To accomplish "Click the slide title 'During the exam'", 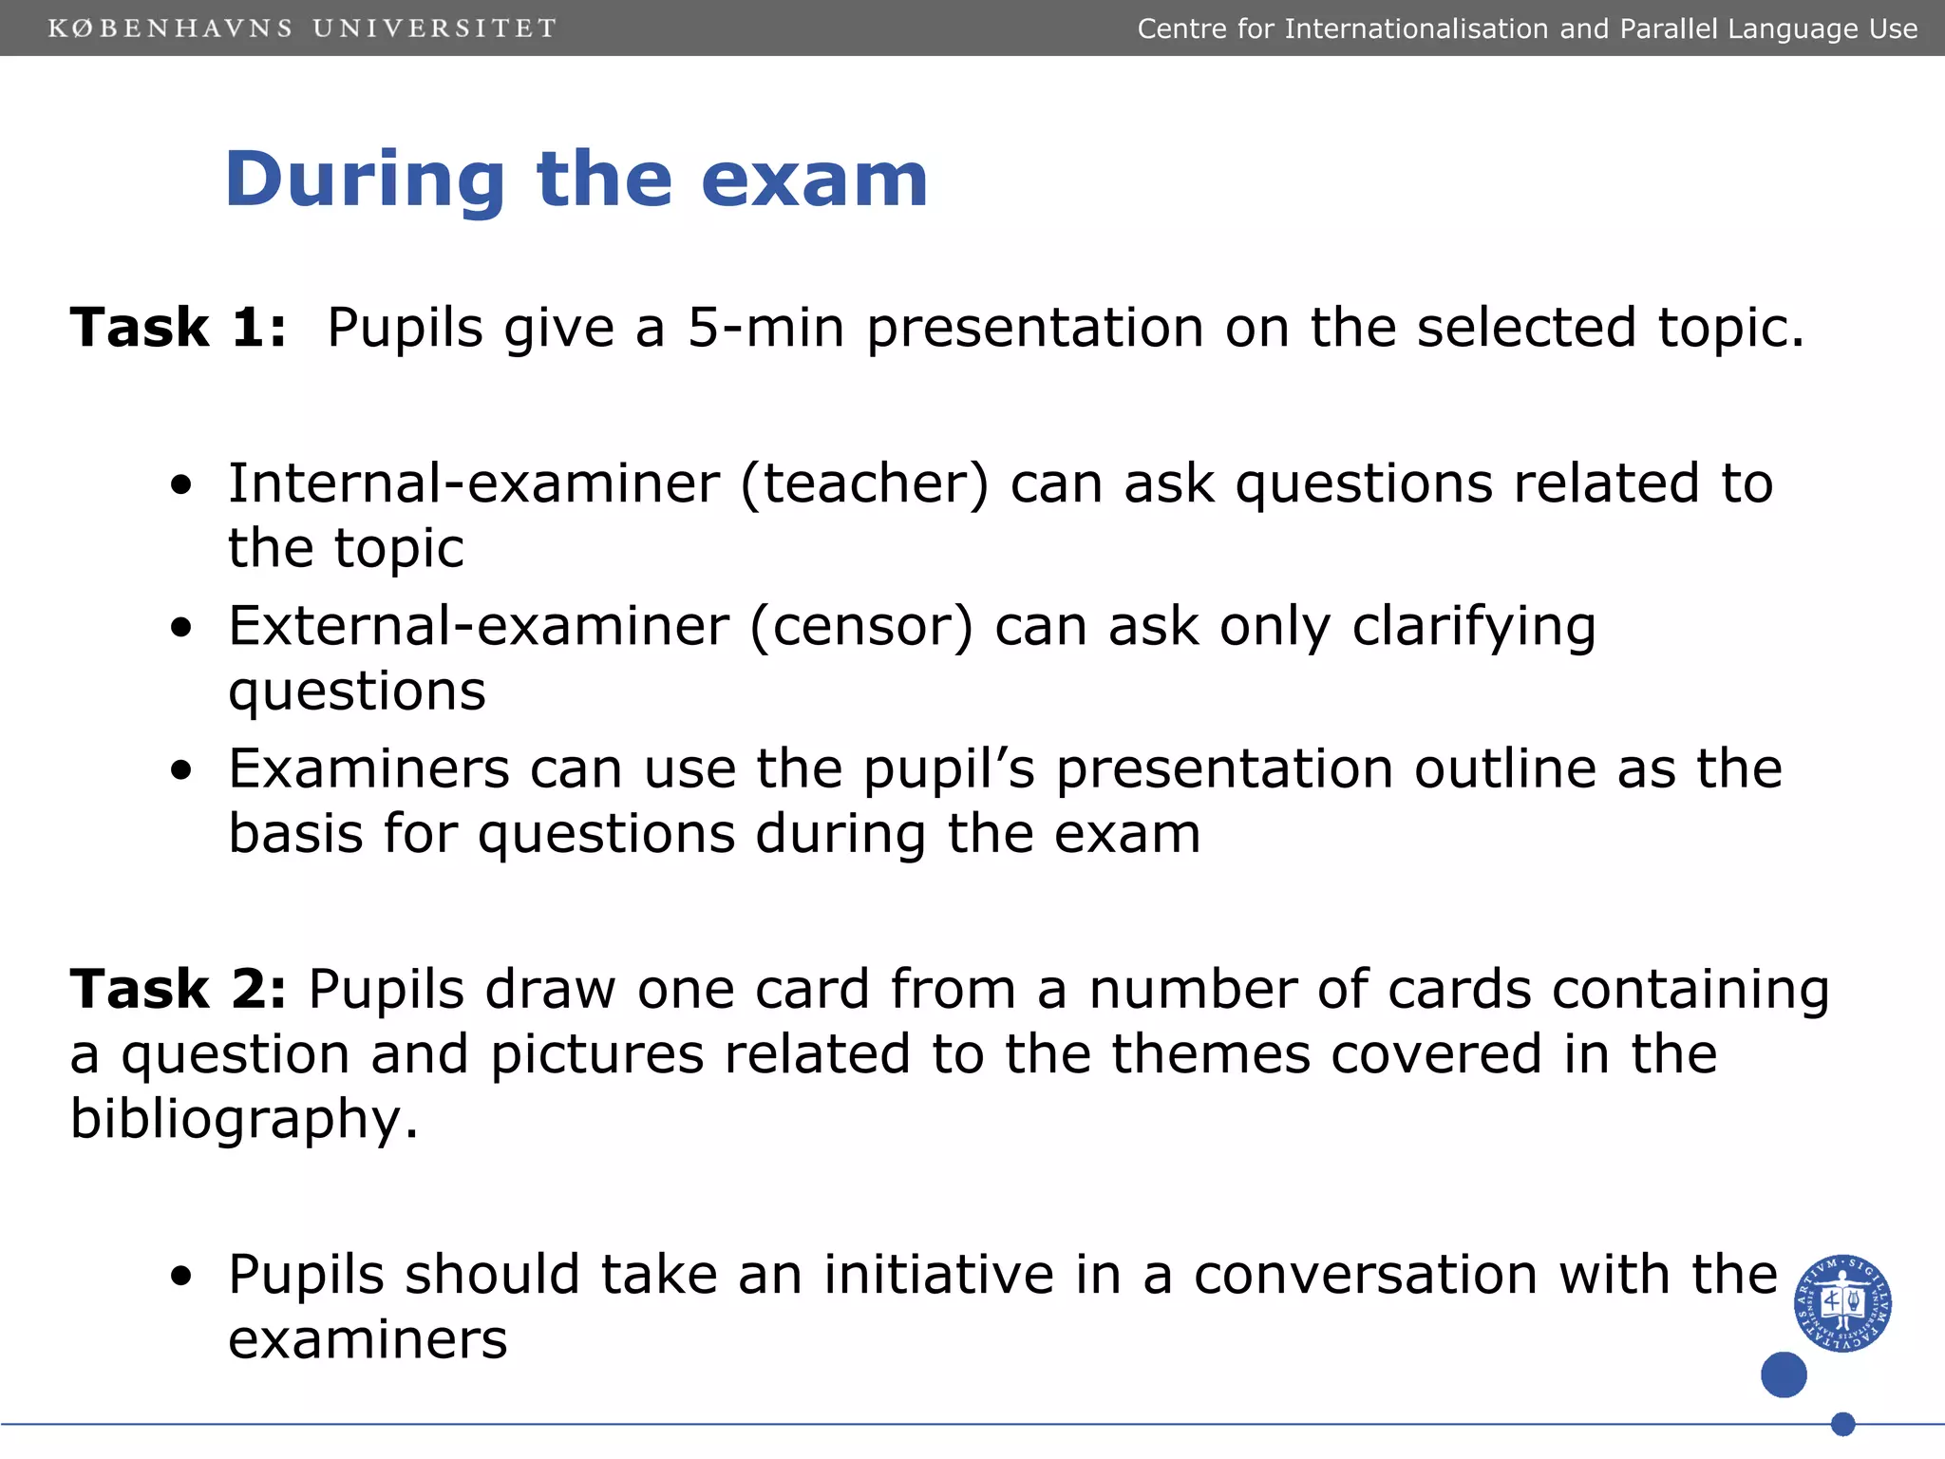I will click(576, 180).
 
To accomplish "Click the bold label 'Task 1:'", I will click(179, 328).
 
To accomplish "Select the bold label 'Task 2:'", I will click(179, 990).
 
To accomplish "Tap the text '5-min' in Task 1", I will click(765, 328).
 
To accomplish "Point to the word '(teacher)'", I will click(864, 483).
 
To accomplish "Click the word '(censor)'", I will click(861, 627).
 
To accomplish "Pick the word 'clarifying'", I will click(1473, 627).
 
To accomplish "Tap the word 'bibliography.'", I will click(244, 1119).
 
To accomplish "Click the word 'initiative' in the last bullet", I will click(938, 1275).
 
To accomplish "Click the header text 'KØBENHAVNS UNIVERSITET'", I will click(302, 28).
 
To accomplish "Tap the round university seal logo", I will click(1842, 1302).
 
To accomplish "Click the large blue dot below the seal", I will click(1784, 1374).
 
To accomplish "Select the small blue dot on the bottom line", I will click(1842, 1424).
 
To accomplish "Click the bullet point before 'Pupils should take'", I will click(181, 1277).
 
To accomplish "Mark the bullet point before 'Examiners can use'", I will click(181, 770).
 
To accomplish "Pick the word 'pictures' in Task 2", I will click(596, 1054).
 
